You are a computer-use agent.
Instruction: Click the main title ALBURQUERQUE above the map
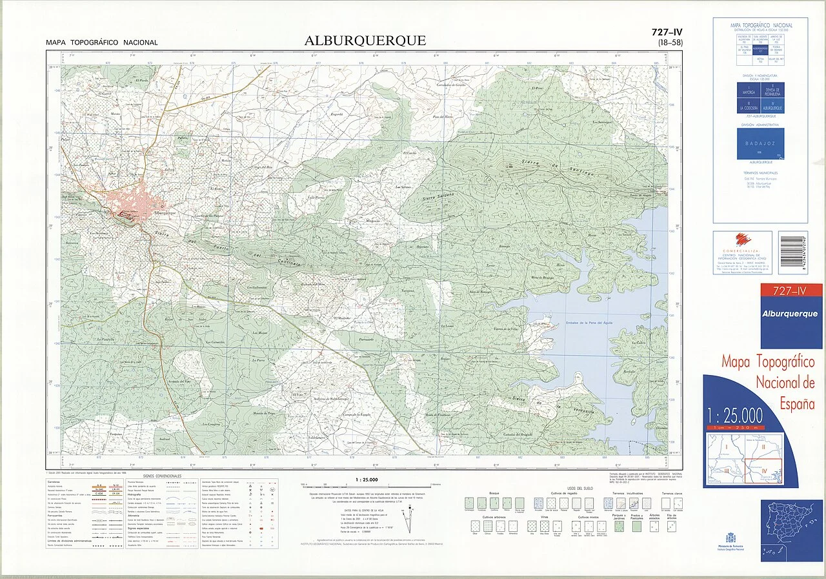coord(365,41)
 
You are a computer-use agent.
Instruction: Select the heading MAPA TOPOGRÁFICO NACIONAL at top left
coord(101,43)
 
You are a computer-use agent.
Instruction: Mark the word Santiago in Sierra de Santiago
coord(595,174)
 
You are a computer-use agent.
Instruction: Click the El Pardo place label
coord(143,80)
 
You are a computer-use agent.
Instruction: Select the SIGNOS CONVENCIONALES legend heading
coord(162,476)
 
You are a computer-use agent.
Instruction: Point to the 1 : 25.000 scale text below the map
coord(367,480)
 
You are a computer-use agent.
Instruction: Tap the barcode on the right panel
coord(792,253)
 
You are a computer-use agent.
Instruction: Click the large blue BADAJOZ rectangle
coord(760,143)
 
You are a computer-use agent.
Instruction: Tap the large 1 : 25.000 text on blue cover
coord(734,414)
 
